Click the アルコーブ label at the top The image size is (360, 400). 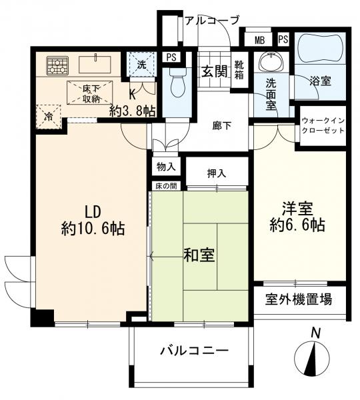(x=211, y=20)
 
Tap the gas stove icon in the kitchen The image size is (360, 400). (x=57, y=65)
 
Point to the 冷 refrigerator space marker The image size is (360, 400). (x=49, y=114)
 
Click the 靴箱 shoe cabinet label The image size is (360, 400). (x=239, y=70)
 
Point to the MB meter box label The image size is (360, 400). (x=260, y=39)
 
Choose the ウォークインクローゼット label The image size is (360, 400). (x=323, y=125)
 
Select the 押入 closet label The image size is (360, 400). (x=217, y=173)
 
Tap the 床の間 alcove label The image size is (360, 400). (x=167, y=186)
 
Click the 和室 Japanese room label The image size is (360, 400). (x=199, y=255)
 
